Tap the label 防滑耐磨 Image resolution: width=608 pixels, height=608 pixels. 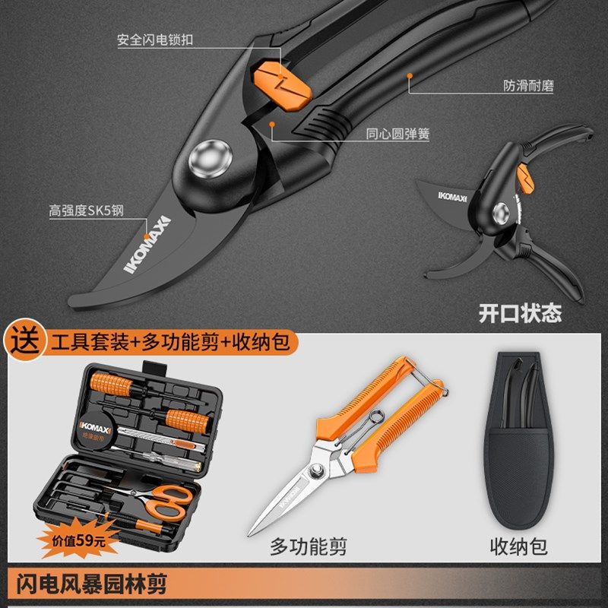[528, 85]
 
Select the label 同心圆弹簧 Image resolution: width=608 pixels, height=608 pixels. [398, 135]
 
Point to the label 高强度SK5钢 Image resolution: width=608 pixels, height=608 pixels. [86, 211]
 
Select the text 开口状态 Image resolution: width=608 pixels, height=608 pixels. [520, 313]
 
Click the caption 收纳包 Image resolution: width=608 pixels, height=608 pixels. [519, 546]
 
